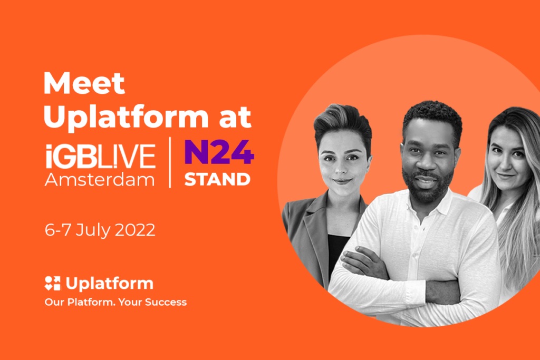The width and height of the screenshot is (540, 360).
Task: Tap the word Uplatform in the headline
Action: pyautogui.click(x=126, y=117)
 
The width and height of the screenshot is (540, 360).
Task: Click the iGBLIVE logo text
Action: pyautogui.click(x=100, y=156)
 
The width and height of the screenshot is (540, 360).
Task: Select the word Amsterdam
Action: pyautogui.click(x=100, y=179)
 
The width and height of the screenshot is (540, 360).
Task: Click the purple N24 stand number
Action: pyautogui.click(x=219, y=152)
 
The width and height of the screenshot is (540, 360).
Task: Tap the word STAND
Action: pyautogui.click(x=217, y=179)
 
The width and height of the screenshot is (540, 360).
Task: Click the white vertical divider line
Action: pyautogui.click(x=170, y=162)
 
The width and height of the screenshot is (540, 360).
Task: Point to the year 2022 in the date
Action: pyautogui.click(x=135, y=230)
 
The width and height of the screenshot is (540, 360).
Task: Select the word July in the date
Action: pyautogui.click(x=93, y=230)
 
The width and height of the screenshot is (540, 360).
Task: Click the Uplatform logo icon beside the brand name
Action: pyautogui.click(x=52, y=283)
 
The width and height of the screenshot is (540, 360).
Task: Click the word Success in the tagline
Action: pyautogui.click(x=166, y=302)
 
